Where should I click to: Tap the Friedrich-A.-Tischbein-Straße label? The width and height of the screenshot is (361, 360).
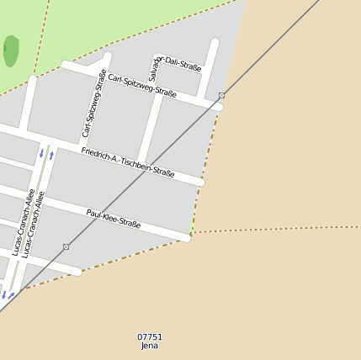pyautogui.click(x=128, y=161)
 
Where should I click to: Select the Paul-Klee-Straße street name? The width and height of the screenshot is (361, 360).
pyautogui.click(x=114, y=218)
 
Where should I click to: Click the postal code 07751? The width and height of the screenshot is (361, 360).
pyautogui.click(x=150, y=336)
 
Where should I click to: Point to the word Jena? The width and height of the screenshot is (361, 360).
pyautogui.click(x=150, y=345)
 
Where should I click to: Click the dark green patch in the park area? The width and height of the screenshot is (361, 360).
pyautogui.click(x=11, y=50)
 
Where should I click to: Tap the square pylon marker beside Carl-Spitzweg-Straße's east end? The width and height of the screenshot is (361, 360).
pyautogui.click(x=221, y=96)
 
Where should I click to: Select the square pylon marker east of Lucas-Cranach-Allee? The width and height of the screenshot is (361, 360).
pyautogui.click(x=66, y=246)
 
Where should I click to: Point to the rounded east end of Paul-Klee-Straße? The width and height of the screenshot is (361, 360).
pyautogui.click(x=186, y=237)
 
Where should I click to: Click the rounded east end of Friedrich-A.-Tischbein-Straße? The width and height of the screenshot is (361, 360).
pyautogui.click(x=199, y=182)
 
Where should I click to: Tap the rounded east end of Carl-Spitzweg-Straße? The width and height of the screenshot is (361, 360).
pyautogui.click(x=219, y=107)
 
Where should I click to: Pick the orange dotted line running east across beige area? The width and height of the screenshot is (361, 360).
pyautogui.click(x=278, y=228)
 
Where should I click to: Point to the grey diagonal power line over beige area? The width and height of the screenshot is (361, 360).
pyautogui.click(x=278, y=42)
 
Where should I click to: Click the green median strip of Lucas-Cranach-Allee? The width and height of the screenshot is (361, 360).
pyautogui.click(x=34, y=210)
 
